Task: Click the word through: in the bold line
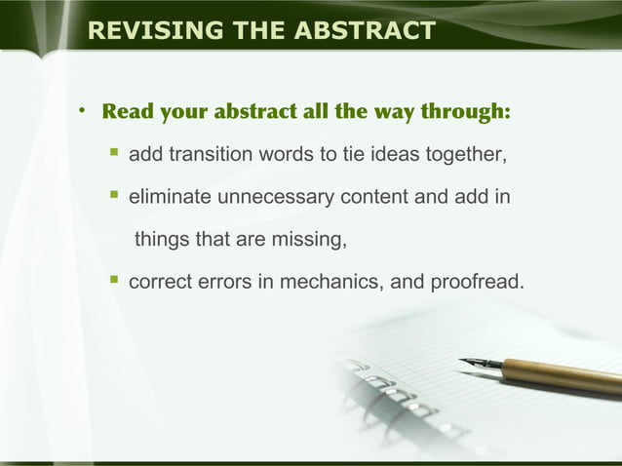click(465, 110)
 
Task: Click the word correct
click(159, 283)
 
